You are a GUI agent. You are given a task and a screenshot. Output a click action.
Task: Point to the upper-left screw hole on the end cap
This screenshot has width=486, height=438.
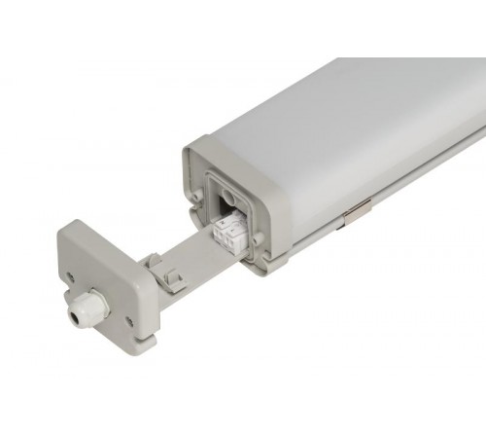(71, 276)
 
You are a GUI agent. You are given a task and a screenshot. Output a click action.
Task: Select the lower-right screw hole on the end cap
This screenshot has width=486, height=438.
(130, 320)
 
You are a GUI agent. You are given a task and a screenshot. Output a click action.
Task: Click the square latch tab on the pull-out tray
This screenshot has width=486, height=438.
(174, 279)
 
